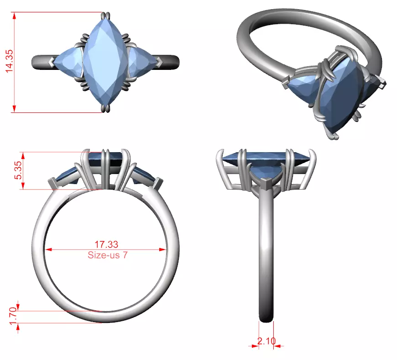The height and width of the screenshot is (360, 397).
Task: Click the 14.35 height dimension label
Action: point(9,62)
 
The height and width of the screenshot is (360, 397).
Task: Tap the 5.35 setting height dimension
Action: point(18,171)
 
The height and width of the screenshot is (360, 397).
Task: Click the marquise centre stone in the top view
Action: point(106,62)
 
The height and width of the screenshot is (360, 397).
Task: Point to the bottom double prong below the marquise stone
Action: point(106,108)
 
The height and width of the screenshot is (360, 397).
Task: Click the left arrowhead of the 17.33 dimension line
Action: point(47,249)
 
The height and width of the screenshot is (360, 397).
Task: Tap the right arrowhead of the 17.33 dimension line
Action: point(163,249)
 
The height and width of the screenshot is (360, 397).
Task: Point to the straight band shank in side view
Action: point(266,256)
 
